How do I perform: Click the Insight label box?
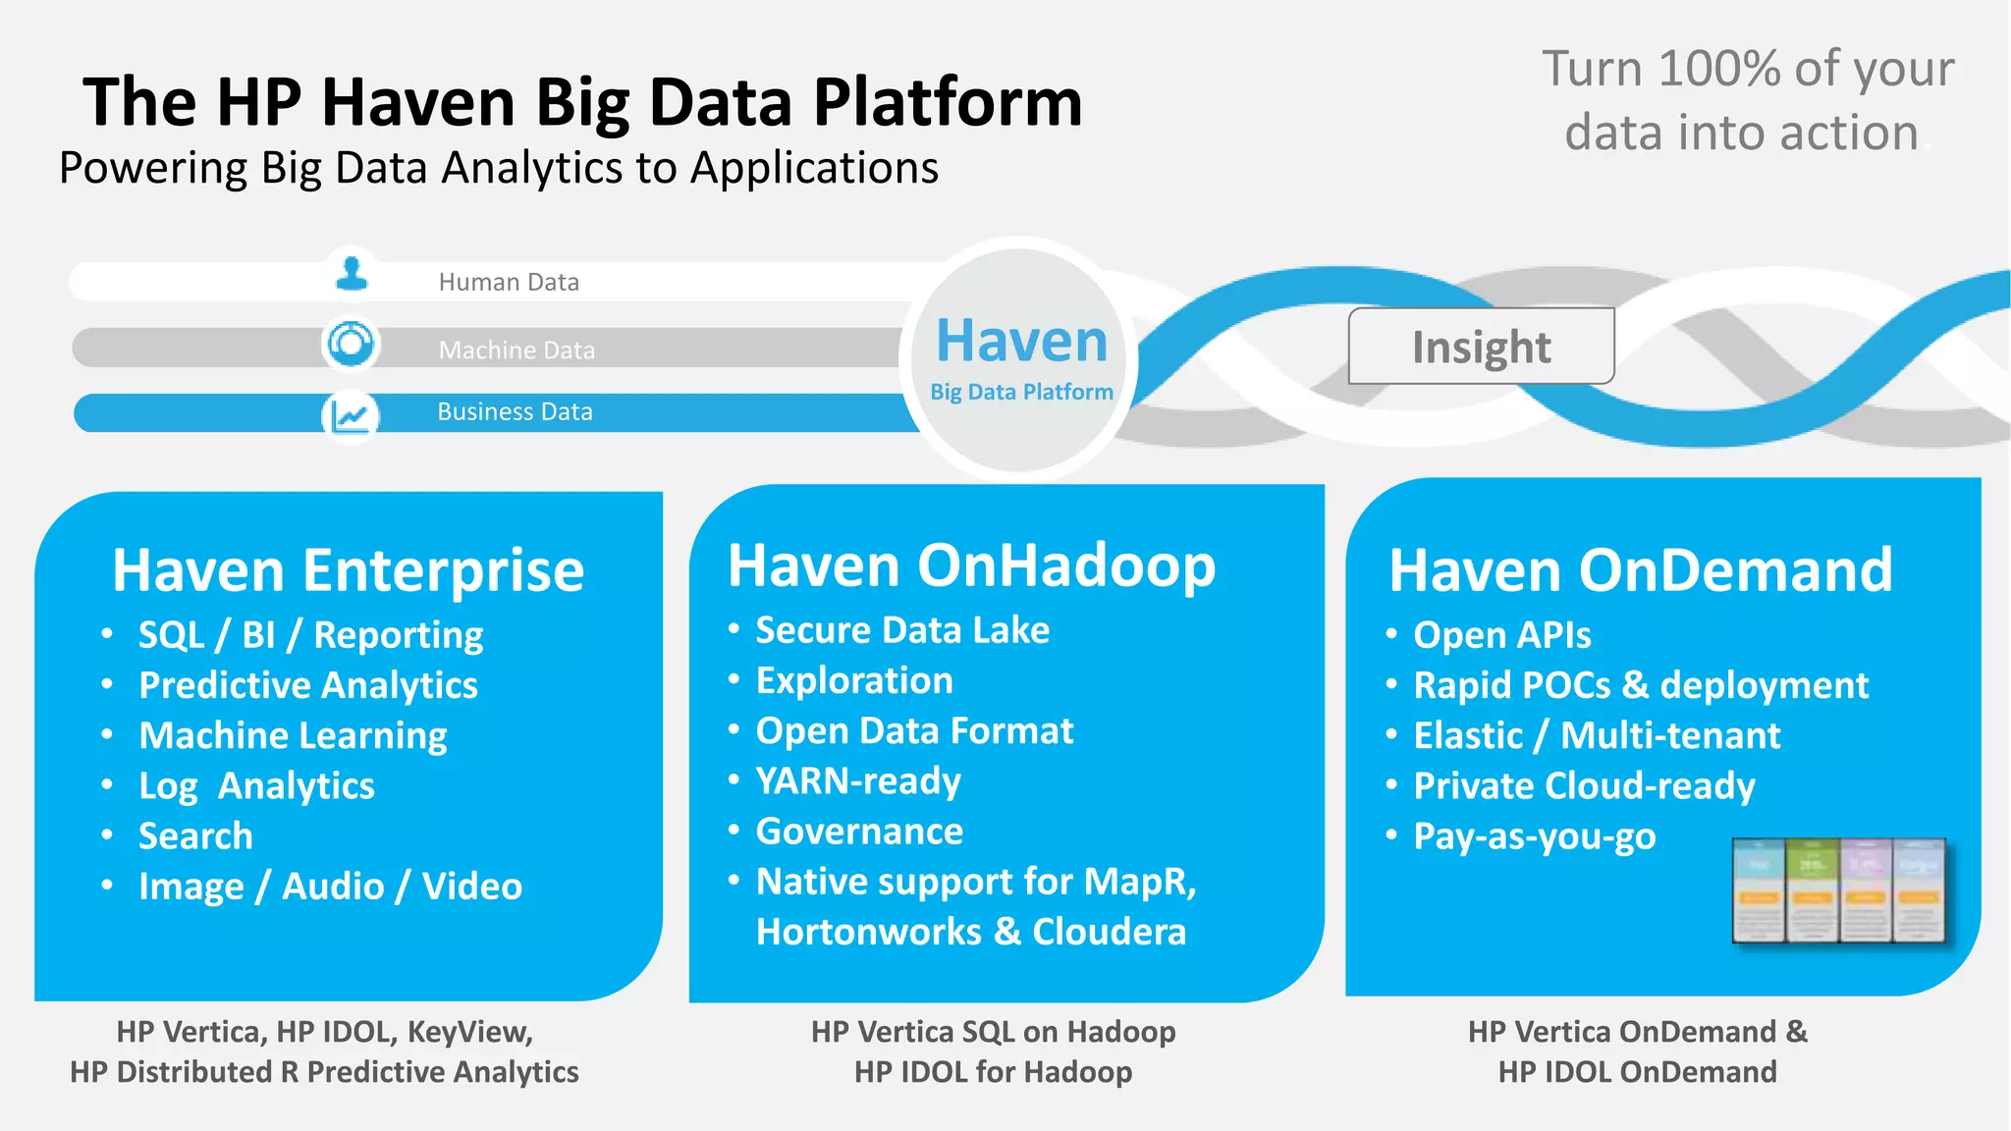click(x=1481, y=347)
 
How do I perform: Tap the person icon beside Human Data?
click(x=352, y=273)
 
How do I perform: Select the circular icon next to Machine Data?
click(x=351, y=345)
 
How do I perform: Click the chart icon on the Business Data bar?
click(x=351, y=416)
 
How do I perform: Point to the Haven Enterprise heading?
click(x=348, y=570)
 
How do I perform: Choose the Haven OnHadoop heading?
click(x=971, y=566)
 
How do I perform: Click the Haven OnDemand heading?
click(x=1640, y=570)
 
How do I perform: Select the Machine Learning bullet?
click(x=293, y=735)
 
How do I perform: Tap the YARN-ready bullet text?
click(x=858, y=781)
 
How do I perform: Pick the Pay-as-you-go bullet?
click(x=1534, y=836)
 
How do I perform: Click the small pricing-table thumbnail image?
click(x=1839, y=890)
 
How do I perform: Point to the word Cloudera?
click(x=1109, y=932)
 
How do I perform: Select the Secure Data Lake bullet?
click(x=901, y=630)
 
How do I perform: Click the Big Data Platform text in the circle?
click(x=1021, y=392)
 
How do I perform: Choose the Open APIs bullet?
click(x=1501, y=635)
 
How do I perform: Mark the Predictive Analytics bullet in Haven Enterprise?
click(x=308, y=685)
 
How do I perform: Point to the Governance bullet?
click(x=859, y=832)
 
